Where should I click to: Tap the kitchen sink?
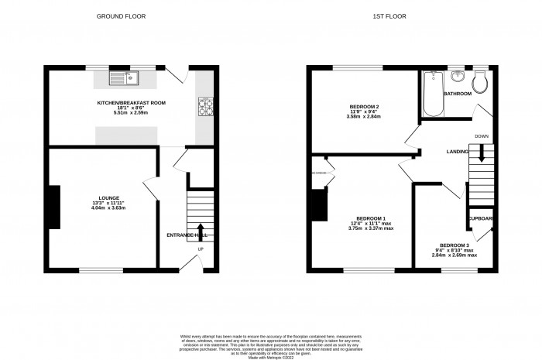[x=125, y=77]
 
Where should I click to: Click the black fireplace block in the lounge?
[x=56, y=207]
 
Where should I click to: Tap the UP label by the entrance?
[x=201, y=249]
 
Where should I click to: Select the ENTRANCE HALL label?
[x=187, y=235]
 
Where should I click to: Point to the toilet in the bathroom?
[x=481, y=79]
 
